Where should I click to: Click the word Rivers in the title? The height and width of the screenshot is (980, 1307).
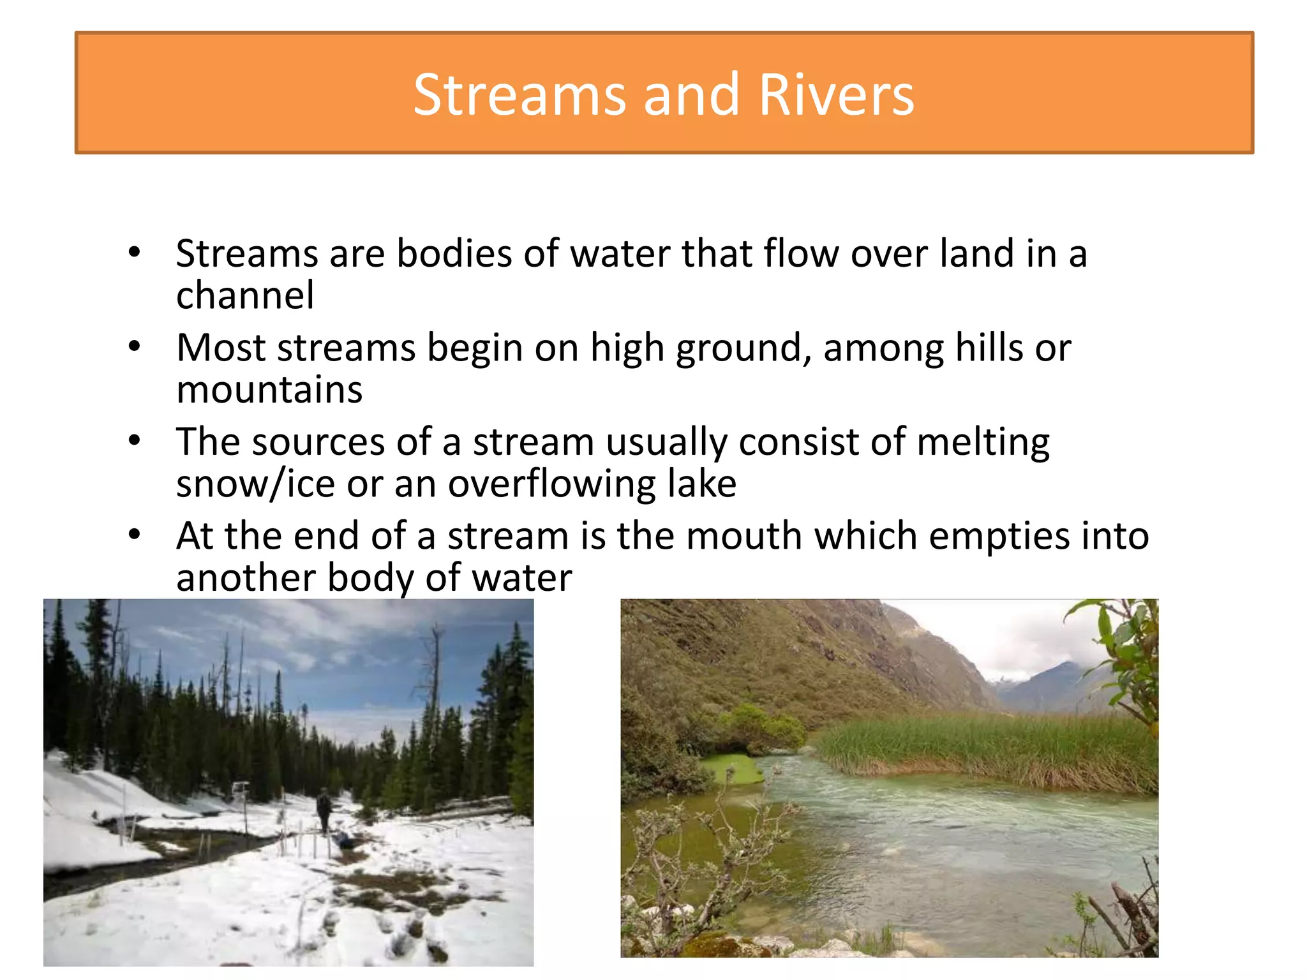pyautogui.click(x=836, y=95)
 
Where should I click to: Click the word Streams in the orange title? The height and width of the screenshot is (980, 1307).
pyautogui.click(x=518, y=95)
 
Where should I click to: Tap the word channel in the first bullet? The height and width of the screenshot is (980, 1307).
pyautogui.click(x=245, y=295)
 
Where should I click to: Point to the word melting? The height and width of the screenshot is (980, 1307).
pyautogui.click(x=983, y=442)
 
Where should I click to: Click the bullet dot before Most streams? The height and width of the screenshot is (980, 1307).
pyautogui.click(x=134, y=347)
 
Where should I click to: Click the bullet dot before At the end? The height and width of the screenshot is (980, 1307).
pyautogui.click(x=134, y=535)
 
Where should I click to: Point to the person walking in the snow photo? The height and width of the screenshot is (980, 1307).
pyautogui.click(x=324, y=810)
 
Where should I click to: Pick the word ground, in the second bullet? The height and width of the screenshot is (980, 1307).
pyautogui.click(x=743, y=349)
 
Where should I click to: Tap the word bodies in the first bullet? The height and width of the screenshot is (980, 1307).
pyautogui.click(x=454, y=253)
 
